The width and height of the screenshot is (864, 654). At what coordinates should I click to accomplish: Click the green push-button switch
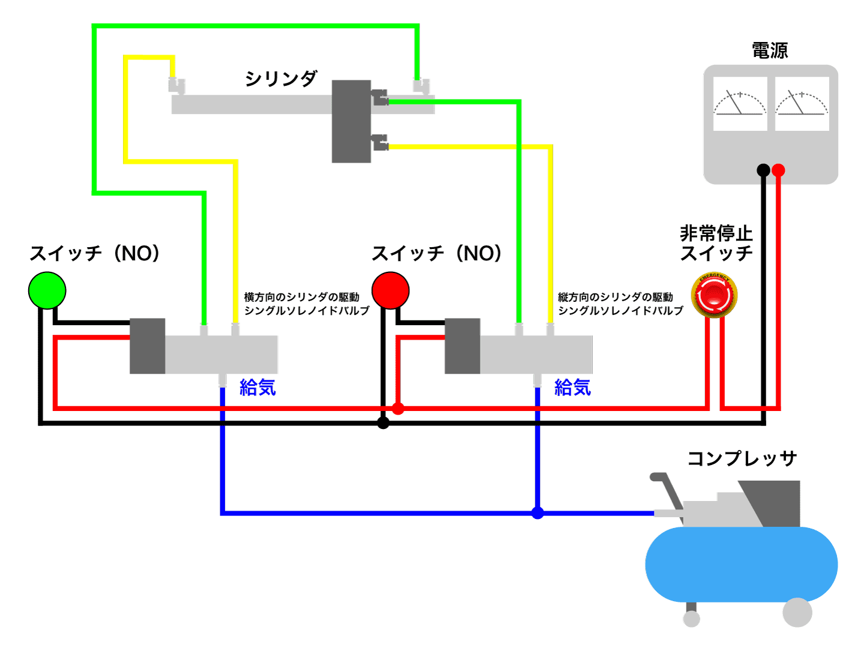[47, 290]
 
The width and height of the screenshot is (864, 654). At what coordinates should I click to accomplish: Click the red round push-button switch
[391, 290]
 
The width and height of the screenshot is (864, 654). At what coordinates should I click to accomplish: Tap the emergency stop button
[714, 295]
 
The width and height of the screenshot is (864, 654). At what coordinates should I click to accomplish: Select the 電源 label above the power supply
[770, 50]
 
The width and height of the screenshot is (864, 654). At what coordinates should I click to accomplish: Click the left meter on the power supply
[740, 104]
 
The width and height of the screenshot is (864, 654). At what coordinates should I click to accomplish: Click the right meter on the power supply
[802, 104]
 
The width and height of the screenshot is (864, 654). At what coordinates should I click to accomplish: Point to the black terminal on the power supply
[763, 170]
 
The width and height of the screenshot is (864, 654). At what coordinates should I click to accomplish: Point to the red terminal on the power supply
[778, 170]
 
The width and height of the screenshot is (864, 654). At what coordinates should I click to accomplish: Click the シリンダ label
[281, 79]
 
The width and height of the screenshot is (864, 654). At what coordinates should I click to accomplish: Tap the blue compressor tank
[741, 564]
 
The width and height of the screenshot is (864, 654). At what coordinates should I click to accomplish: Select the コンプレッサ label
[742, 458]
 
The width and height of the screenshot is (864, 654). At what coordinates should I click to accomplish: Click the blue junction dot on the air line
[538, 513]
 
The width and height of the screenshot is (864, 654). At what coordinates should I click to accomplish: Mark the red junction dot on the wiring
[398, 409]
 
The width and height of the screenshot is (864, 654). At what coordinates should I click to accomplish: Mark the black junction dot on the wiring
[383, 423]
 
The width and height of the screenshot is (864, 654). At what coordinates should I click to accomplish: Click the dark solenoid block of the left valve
[148, 346]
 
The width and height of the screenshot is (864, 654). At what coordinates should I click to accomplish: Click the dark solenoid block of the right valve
[462, 346]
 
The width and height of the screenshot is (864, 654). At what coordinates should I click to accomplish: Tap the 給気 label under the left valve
[257, 388]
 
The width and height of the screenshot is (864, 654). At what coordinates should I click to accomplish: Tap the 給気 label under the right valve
[572, 388]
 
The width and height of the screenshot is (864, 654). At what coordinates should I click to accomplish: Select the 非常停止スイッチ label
[716, 243]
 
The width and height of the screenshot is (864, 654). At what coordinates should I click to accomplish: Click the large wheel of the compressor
[797, 613]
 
